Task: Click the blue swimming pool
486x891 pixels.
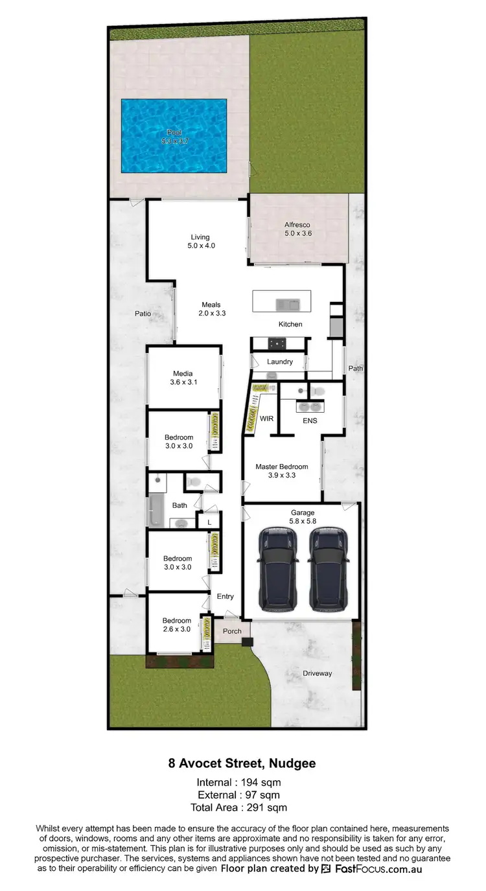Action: (x=174, y=136)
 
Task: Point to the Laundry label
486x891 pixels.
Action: (x=280, y=362)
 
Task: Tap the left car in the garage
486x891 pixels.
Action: (x=278, y=569)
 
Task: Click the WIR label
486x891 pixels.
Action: (x=266, y=419)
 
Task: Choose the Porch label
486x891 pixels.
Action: (x=232, y=631)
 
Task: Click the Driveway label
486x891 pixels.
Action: (x=317, y=673)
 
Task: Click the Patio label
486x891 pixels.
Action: (x=143, y=314)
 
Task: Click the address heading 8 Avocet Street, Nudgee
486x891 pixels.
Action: (x=242, y=763)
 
